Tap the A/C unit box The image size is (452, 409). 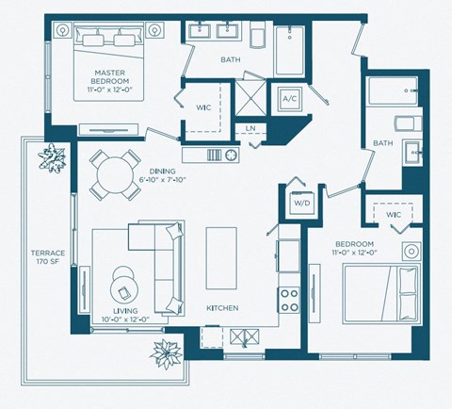point(288,99)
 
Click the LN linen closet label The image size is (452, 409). point(250,128)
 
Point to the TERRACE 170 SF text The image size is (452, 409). point(47,258)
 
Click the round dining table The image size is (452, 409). point(114,173)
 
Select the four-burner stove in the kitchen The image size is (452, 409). point(288,299)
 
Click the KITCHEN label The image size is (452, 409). point(222,308)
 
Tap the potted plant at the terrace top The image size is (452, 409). point(52,156)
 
